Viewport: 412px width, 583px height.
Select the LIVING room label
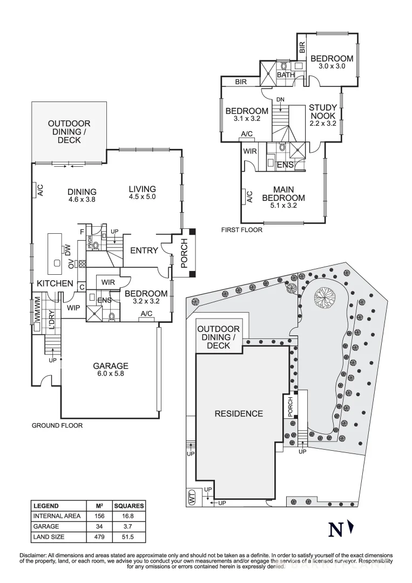pos(142,189)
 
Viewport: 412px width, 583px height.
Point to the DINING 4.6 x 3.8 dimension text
pos(82,199)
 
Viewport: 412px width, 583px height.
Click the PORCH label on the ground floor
pos(184,254)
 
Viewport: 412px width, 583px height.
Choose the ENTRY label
pos(144,250)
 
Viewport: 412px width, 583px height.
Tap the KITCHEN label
pos(55,283)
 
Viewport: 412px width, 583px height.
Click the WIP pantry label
pos(74,307)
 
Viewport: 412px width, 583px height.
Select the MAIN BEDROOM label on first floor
pos(283,193)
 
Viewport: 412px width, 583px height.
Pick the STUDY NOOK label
pos(323,111)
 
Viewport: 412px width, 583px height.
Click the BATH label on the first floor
pos(286,75)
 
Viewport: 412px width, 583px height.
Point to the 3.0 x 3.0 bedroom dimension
pos(332,66)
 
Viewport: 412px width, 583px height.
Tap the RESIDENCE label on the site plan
pos(239,413)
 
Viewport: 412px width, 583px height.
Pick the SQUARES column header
pos(129,506)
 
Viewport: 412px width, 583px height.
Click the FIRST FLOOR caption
pos(241,230)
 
